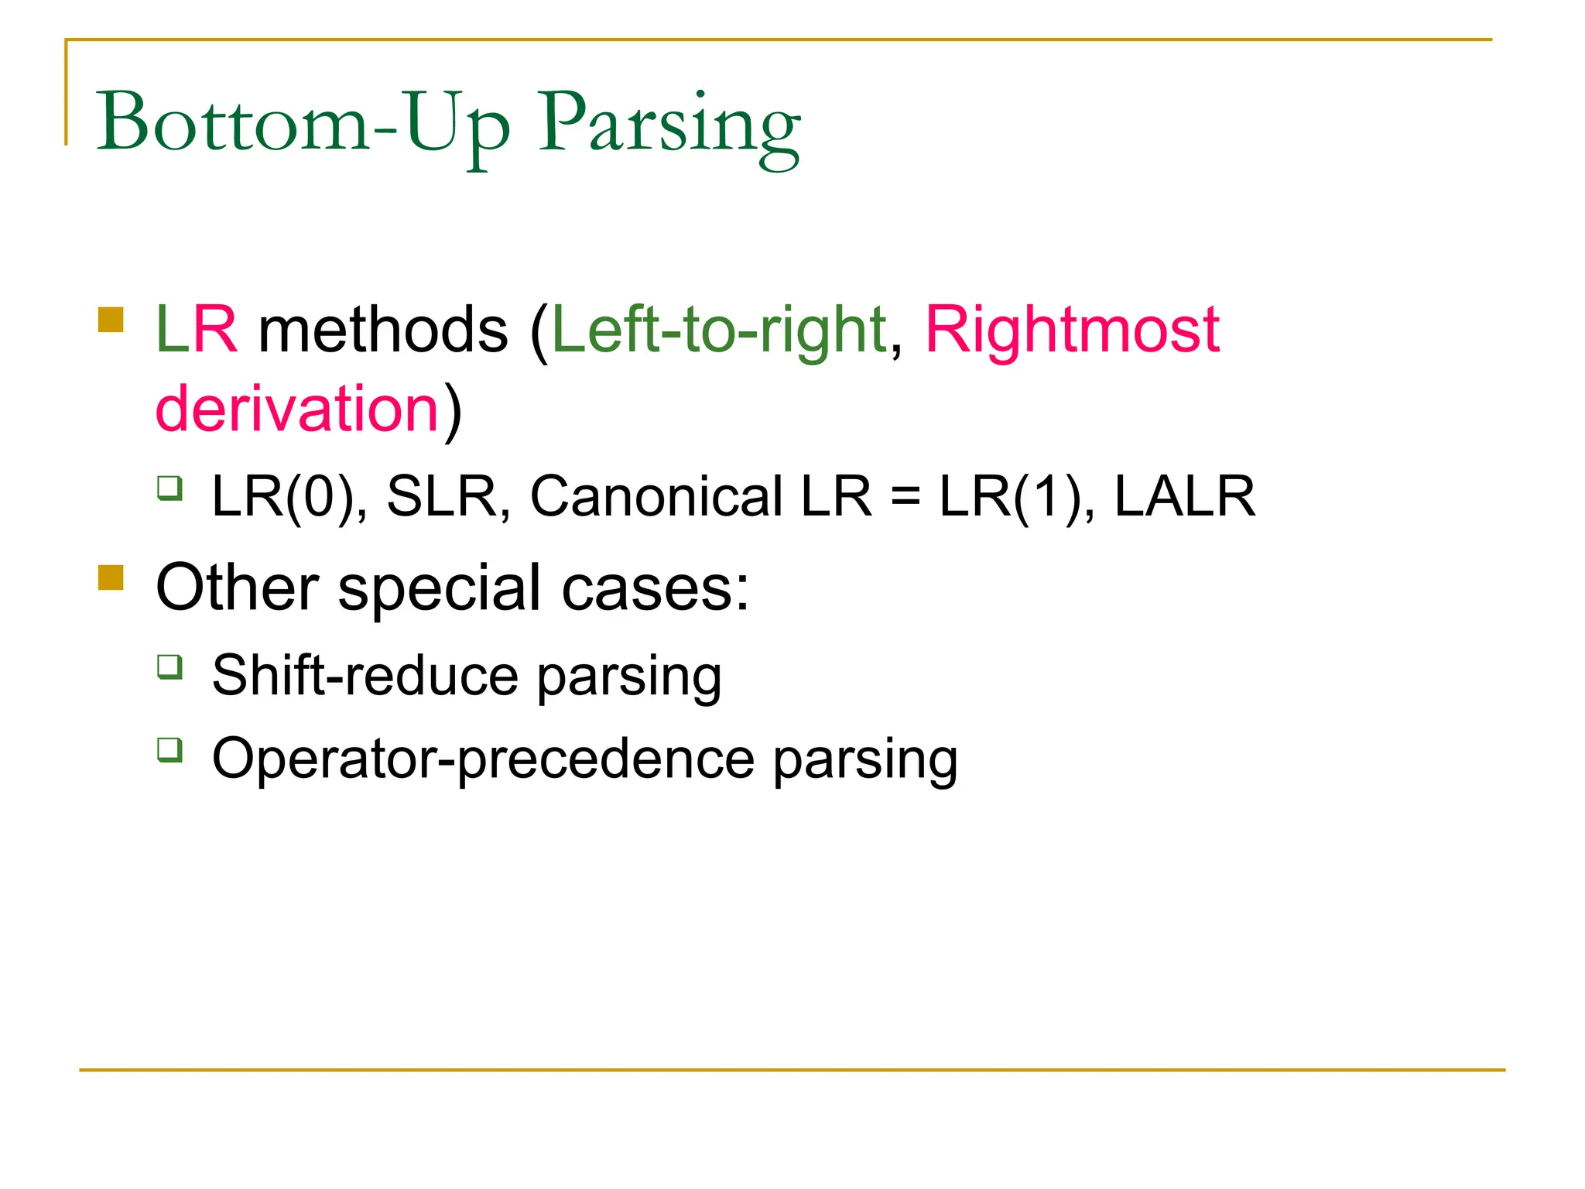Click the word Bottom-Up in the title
[x=303, y=124]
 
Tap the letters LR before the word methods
[x=197, y=331]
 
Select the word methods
[x=383, y=331]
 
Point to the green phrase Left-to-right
[x=719, y=331]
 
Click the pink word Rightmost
[x=1072, y=331]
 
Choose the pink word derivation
[x=298, y=409]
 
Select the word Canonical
[x=656, y=497]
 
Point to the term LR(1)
[x=1016, y=497]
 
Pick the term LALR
[x=1184, y=497]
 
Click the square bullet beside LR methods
[x=111, y=320]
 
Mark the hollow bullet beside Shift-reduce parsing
[x=169, y=666]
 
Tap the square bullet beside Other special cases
[x=111, y=577]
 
